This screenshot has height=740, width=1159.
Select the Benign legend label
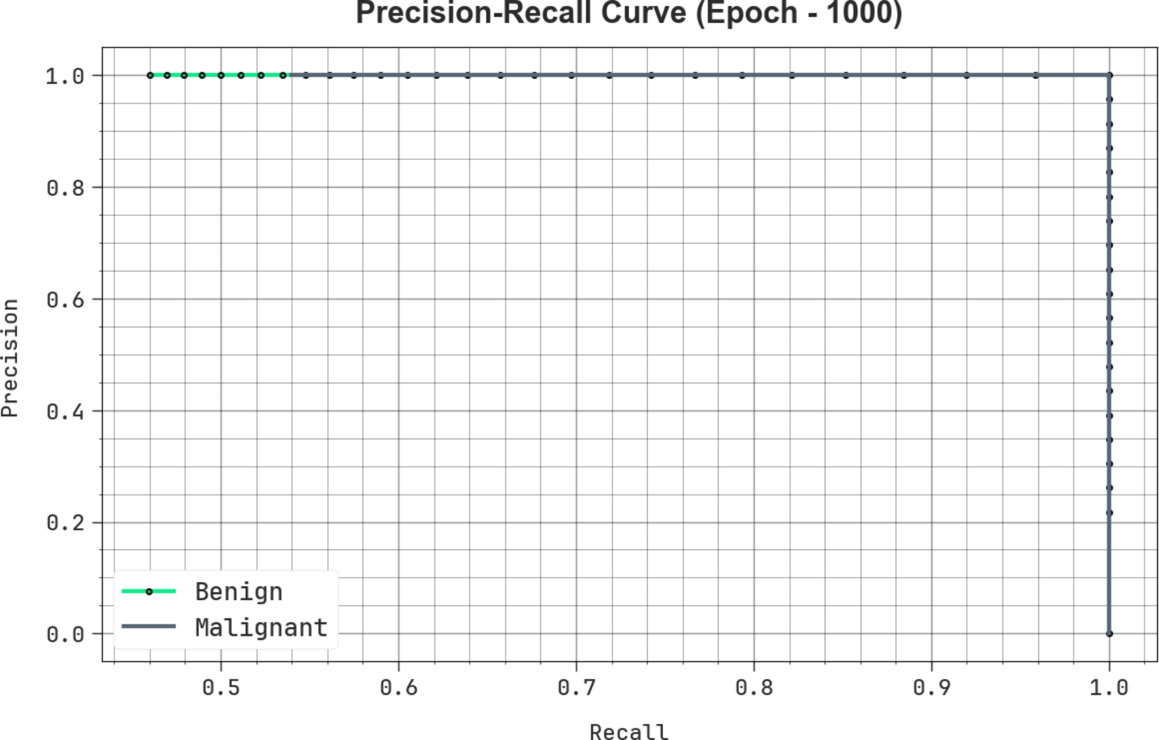pos(239,592)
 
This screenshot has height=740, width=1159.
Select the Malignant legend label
pos(261,627)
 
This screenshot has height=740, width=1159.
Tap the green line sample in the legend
pos(149,592)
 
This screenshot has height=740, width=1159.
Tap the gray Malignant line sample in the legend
pos(149,626)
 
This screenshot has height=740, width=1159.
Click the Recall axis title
pos(629,731)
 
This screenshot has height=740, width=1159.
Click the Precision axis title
pos(10,358)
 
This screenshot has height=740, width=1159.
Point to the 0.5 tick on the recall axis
pos(221,687)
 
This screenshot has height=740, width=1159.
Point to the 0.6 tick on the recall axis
pos(399,687)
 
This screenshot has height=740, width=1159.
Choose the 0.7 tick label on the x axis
pos(577,687)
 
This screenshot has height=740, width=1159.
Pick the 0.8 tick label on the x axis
pos(754,687)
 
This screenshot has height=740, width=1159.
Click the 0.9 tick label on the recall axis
pos(932,687)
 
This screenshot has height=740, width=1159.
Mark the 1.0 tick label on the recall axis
pos(1109,687)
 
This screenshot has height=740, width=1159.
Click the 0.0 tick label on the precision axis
pos(65,634)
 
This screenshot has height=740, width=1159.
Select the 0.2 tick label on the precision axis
pos(65,523)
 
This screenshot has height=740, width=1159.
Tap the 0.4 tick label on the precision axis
pos(65,412)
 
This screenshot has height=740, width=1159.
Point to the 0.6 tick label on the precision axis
pos(65,300)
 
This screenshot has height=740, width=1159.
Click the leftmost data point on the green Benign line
pos(150,75)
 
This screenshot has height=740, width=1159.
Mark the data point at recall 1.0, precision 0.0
pos(1109,634)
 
